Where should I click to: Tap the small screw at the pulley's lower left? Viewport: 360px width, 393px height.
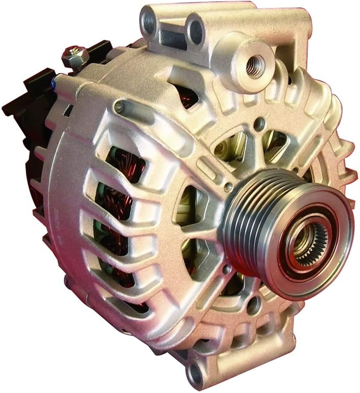pyautogui.click(x=225, y=271)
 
